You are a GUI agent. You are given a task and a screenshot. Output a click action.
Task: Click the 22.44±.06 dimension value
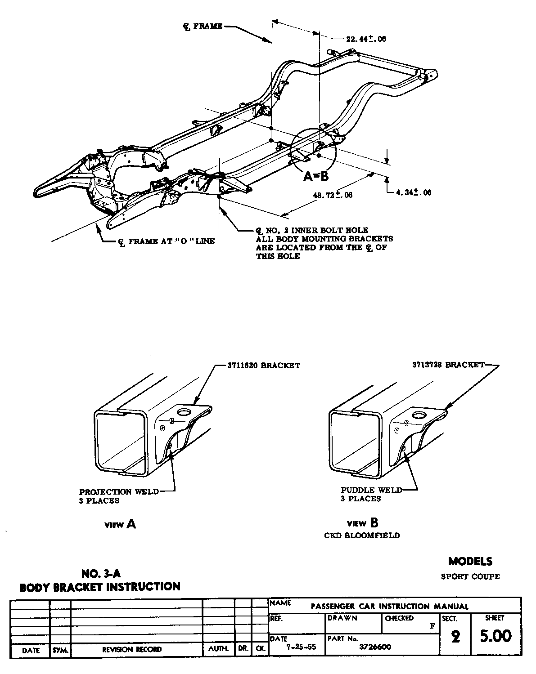[x=366, y=39]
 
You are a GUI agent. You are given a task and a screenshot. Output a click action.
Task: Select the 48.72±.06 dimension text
[x=333, y=195]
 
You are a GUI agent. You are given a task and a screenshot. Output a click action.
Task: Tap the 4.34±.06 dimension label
[x=413, y=192]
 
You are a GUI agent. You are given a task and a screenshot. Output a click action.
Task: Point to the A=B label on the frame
[x=316, y=176]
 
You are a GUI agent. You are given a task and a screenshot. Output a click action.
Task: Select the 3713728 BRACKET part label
[x=448, y=365]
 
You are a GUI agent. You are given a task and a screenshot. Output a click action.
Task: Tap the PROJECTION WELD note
[x=119, y=491]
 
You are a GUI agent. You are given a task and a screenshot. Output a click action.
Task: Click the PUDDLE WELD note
[x=371, y=490]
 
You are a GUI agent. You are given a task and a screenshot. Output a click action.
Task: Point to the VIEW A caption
[x=120, y=524]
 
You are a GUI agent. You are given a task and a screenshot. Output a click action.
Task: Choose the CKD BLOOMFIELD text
[x=362, y=536]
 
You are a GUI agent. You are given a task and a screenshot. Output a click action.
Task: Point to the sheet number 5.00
[x=496, y=636]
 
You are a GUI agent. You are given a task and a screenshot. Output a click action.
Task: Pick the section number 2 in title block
[x=455, y=637]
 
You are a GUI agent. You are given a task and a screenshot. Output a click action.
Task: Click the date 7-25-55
[x=298, y=647]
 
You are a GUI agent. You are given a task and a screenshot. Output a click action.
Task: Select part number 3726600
[x=375, y=647]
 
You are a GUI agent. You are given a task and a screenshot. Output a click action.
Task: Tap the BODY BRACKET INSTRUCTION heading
[x=100, y=587]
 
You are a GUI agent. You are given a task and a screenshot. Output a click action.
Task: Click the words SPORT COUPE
[x=470, y=576]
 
